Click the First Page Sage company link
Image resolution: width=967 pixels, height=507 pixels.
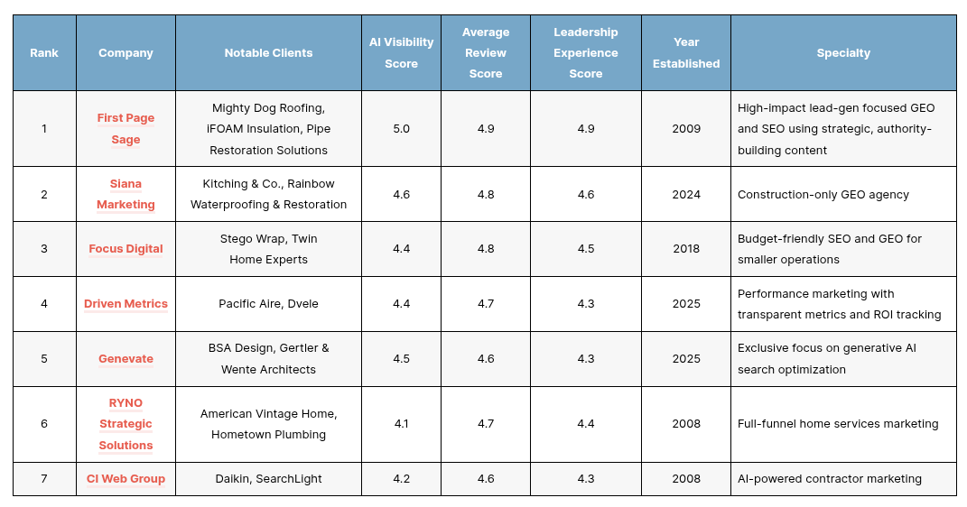(x=126, y=129)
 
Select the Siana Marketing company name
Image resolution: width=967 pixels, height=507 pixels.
(x=126, y=194)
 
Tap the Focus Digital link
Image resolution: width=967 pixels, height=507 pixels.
(x=126, y=249)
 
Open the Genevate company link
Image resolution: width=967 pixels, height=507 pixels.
(x=126, y=358)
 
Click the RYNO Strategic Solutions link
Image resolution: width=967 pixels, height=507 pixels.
(x=126, y=424)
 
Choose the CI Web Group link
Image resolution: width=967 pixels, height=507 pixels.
(x=126, y=479)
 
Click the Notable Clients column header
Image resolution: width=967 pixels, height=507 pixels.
(x=268, y=53)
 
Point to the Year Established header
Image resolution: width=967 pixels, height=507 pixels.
(x=686, y=53)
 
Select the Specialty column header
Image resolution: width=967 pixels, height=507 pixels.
(x=843, y=53)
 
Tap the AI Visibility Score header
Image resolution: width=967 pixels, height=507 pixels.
(x=402, y=53)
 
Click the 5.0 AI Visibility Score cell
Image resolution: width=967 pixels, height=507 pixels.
(x=402, y=129)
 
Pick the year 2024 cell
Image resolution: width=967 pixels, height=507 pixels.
(x=686, y=195)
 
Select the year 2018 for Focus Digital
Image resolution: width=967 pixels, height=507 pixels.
(x=686, y=249)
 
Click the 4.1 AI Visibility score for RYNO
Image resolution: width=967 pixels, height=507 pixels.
(x=402, y=424)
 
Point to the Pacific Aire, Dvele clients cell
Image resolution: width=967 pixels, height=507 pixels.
(x=268, y=304)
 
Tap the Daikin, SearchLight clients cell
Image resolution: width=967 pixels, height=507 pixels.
(x=268, y=479)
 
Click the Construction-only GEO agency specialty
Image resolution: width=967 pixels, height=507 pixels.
(x=823, y=195)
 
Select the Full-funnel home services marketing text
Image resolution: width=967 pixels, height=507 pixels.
(x=838, y=424)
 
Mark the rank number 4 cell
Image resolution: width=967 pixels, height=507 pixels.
(x=44, y=304)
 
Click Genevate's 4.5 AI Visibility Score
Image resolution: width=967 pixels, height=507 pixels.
(x=402, y=358)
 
